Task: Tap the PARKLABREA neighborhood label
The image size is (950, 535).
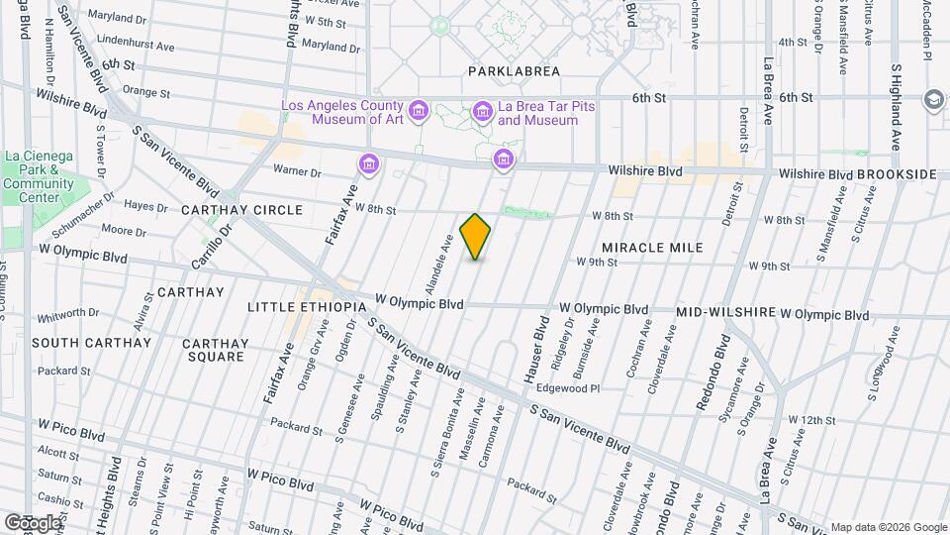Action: tap(514, 71)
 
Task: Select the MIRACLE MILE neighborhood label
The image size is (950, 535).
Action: tap(652, 248)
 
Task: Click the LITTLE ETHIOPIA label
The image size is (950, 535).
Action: tap(307, 307)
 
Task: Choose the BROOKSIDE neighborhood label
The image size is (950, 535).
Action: tap(897, 174)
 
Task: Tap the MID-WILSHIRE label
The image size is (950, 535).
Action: tap(725, 313)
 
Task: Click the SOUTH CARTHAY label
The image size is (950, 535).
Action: tap(91, 343)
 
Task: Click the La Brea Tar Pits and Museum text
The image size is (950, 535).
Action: tap(537, 114)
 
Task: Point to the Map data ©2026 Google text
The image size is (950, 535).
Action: tap(888, 527)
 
